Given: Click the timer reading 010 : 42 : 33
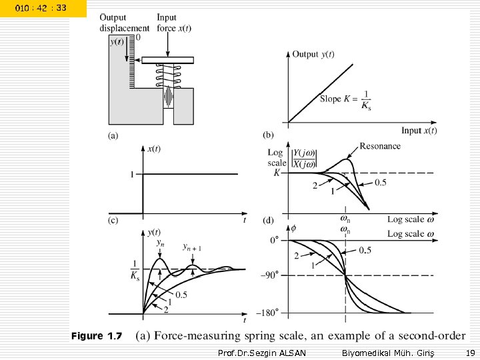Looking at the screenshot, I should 42,8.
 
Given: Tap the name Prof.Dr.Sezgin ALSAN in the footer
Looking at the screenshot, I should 262,353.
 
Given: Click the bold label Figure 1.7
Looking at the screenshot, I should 97,336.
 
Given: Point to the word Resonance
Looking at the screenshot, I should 380,146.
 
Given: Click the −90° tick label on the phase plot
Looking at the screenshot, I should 271,275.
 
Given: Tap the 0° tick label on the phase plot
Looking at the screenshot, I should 273,239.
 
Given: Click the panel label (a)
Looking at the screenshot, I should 113,136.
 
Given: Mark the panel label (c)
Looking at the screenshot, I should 113,219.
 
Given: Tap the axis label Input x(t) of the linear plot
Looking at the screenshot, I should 419,131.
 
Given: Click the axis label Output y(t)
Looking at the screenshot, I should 313,55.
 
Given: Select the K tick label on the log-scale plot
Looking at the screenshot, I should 277,173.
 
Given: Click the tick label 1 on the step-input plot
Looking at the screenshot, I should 132,174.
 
